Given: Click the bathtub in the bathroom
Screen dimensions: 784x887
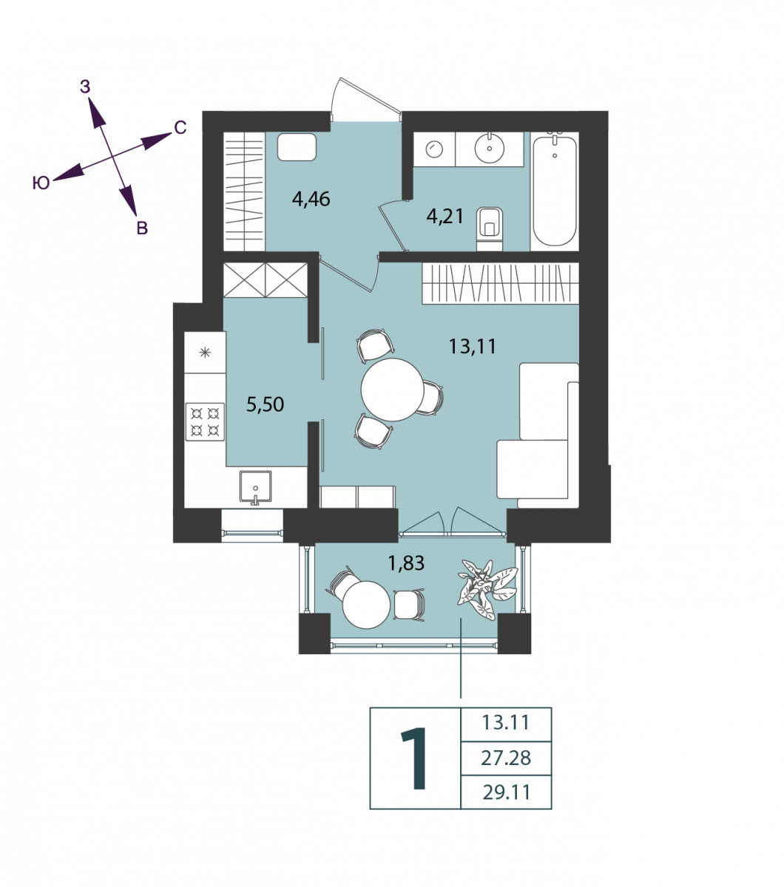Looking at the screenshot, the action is [555, 191].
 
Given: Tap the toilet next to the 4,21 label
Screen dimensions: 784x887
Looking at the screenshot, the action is [489, 228].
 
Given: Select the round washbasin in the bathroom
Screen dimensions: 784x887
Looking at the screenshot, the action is [490, 149].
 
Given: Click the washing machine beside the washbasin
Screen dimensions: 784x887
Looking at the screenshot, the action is [434, 149].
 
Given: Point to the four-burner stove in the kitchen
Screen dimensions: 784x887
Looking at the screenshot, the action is [205, 421].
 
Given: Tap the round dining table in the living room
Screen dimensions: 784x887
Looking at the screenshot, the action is [393, 390].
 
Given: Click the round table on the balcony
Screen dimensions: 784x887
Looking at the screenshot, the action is [366, 605].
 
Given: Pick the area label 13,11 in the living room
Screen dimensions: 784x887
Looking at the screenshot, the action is [473, 347].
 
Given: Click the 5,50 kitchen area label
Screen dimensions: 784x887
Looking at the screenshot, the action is [265, 404].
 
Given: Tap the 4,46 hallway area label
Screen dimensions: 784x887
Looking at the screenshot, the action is [311, 199].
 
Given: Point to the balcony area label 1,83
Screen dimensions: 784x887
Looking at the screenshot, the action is [406, 563].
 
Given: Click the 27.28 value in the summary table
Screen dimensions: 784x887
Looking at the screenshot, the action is [506, 758].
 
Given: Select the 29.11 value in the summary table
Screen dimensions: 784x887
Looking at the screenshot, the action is [507, 792].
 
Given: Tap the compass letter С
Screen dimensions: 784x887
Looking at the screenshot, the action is [180, 128].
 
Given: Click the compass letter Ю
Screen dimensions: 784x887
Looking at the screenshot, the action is [41, 183].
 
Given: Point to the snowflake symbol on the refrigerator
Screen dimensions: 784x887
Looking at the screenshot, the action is [205, 352].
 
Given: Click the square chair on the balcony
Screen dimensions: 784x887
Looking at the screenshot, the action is [409, 605].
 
